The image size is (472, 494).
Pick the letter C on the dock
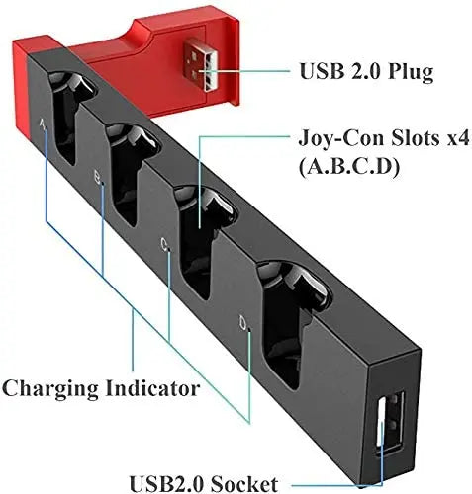pos(164,241)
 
